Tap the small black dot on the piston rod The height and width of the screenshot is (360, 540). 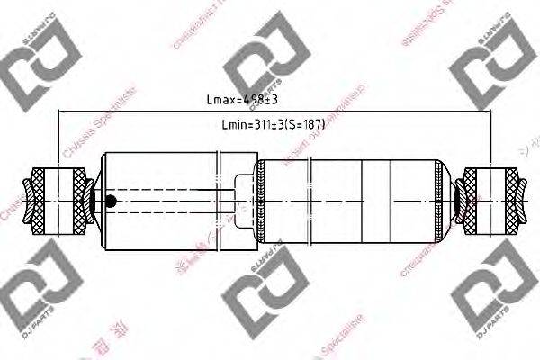coord(111,201)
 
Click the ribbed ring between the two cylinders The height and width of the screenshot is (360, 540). coord(259,200)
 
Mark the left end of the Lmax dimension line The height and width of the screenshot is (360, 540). coord(58,112)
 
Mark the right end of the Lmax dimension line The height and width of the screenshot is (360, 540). coord(492,112)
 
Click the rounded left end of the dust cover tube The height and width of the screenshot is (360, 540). coord(104,200)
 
